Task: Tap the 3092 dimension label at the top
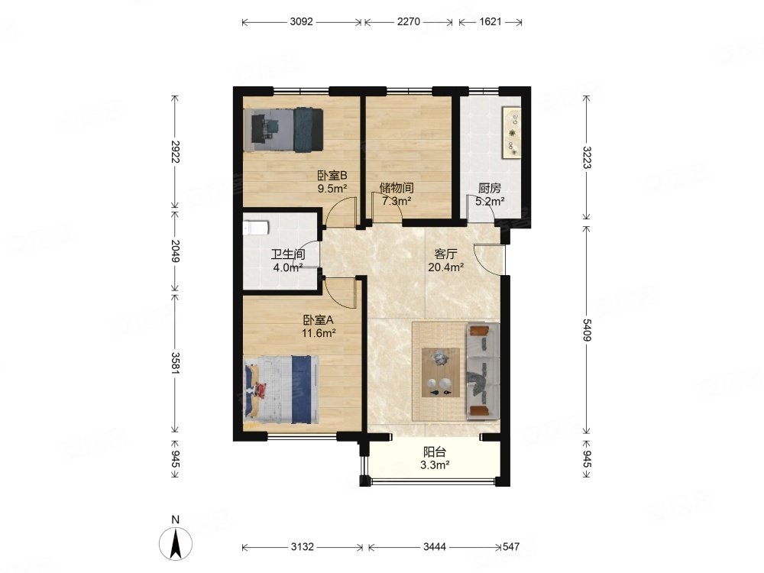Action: click(x=301, y=22)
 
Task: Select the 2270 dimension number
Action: click(x=408, y=22)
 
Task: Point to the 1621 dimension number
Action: click(x=490, y=22)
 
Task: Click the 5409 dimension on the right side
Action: click(x=587, y=330)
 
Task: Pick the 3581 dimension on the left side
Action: click(x=176, y=364)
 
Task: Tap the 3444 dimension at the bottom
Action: click(x=434, y=547)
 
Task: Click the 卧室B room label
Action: click(x=332, y=176)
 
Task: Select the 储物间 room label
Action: click(x=397, y=188)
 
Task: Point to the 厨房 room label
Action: click(x=489, y=188)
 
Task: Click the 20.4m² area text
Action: click(x=446, y=267)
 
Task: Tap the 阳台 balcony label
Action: click(x=435, y=452)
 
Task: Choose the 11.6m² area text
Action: click(x=319, y=333)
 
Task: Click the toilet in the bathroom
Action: click(x=256, y=228)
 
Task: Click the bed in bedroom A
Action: click(x=282, y=390)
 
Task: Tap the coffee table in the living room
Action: click(x=441, y=372)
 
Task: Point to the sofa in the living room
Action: click(x=483, y=371)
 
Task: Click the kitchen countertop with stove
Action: click(x=512, y=132)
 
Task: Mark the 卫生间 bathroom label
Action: click(x=288, y=254)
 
